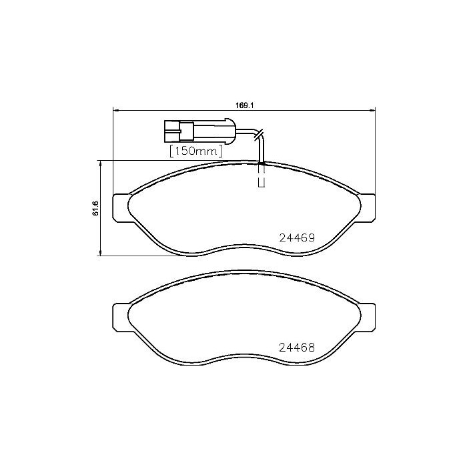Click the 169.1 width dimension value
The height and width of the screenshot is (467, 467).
[245, 105]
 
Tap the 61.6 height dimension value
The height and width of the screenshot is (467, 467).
[95, 208]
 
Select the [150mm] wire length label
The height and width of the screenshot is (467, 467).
[195, 151]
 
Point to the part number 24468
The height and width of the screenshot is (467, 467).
[296, 348]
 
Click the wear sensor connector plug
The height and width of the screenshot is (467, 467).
[196, 129]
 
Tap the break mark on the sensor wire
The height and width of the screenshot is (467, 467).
[260, 134]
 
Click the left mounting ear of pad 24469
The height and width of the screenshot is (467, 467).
[121, 207]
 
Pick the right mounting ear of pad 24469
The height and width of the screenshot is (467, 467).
[368, 207]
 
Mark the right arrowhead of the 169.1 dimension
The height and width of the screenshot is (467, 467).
[374, 111]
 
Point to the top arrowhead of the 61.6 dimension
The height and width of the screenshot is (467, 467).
[100, 162]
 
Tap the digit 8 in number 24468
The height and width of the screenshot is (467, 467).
[311, 348]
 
